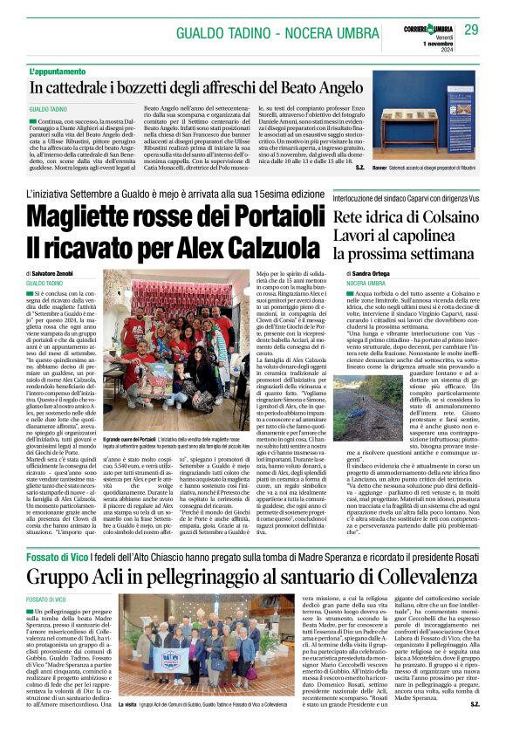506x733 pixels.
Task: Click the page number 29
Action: click(x=471, y=31)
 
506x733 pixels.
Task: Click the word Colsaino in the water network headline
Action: click(x=440, y=216)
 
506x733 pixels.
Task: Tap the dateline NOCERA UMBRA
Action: click(x=341, y=284)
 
